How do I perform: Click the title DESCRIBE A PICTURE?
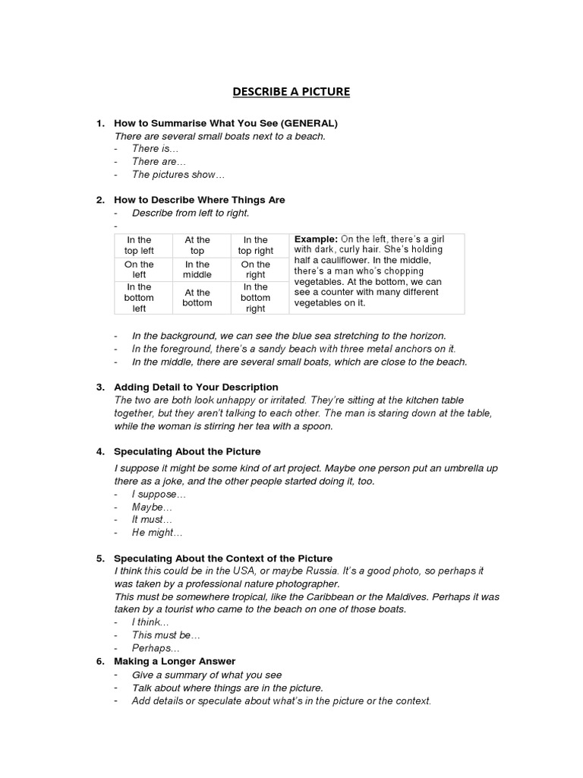click(x=291, y=92)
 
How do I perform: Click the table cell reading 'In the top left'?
click(x=140, y=245)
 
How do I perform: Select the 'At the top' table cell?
click(x=197, y=245)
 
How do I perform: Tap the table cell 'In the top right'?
click(x=256, y=245)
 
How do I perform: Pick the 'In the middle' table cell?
click(x=197, y=270)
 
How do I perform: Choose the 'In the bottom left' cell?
click(x=140, y=298)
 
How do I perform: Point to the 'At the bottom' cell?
click(x=197, y=298)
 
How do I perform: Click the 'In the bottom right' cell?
click(x=256, y=298)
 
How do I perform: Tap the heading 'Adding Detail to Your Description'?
click(x=196, y=387)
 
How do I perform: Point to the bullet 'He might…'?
click(x=157, y=533)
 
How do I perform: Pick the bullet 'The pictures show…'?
click(x=178, y=175)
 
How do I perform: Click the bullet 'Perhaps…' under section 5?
click(x=156, y=648)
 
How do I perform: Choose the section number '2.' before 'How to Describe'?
click(x=100, y=200)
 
